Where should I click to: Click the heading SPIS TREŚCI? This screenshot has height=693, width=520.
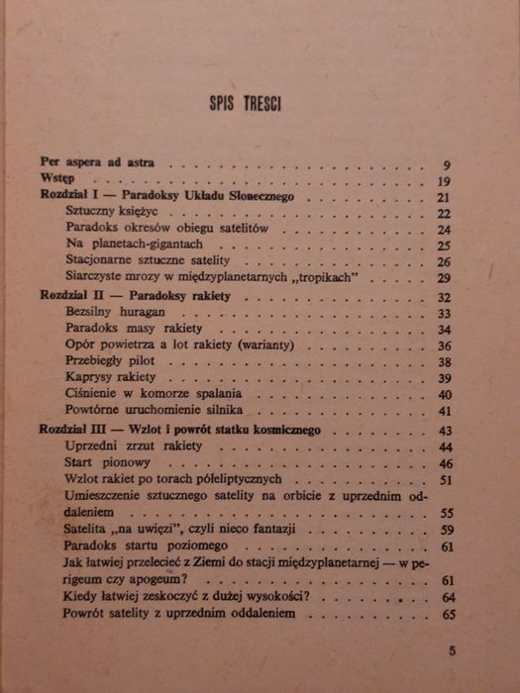tap(245, 103)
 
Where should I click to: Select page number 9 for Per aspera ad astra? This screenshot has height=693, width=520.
tap(448, 164)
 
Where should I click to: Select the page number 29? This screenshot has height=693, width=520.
tap(445, 279)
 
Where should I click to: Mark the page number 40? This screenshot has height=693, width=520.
tap(445, 395)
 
